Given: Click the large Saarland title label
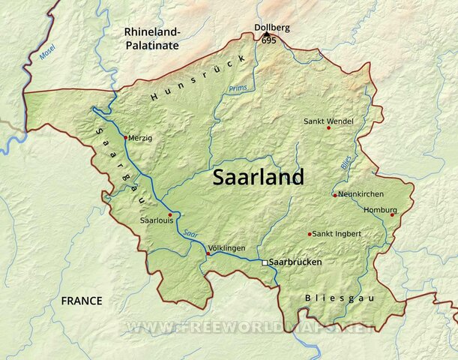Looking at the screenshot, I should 259,178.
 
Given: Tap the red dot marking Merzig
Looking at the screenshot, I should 125,138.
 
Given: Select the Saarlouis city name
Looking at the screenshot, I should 157,221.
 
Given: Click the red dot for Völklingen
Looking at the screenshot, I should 208,253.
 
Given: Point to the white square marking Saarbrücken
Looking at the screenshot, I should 264,262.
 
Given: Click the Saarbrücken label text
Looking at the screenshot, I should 295,262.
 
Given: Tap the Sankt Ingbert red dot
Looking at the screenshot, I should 310,234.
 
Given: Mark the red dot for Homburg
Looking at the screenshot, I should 392,214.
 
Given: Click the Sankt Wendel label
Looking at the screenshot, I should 328,121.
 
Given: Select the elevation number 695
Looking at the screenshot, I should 269,40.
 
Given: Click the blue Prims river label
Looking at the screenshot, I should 237,88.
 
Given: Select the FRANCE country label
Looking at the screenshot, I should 82,301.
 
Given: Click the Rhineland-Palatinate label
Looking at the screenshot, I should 152,38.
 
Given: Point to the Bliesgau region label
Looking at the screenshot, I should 339,298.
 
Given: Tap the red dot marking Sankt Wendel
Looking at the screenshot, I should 328,128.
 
